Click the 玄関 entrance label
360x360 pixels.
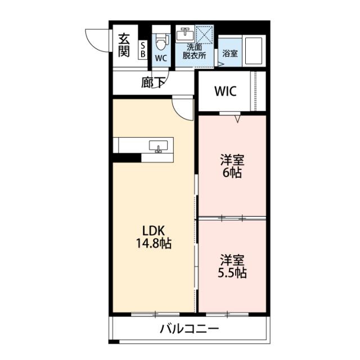tap(124, 45)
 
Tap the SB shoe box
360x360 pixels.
tap(143, 50)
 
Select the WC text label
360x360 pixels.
tap(161, 58)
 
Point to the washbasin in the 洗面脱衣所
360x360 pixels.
tap(185, 35)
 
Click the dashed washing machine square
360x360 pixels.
tap(204, 34)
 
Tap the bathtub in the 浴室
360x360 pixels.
tap(254, 51)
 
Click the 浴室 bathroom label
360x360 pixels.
tap(230, 53)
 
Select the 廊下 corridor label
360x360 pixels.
tap(153, 83)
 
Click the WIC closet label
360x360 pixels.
tap(226, 91)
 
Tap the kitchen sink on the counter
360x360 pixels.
tap(158, 146)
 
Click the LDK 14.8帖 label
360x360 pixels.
tap(154, 237)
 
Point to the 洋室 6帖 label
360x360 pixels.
tap(232, 166)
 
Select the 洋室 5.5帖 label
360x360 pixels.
tap(232, 266)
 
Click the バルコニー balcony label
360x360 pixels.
tap(190, 329)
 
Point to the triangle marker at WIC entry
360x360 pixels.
tap(238, 119)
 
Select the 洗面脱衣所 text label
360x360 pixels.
tap(194, 52)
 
